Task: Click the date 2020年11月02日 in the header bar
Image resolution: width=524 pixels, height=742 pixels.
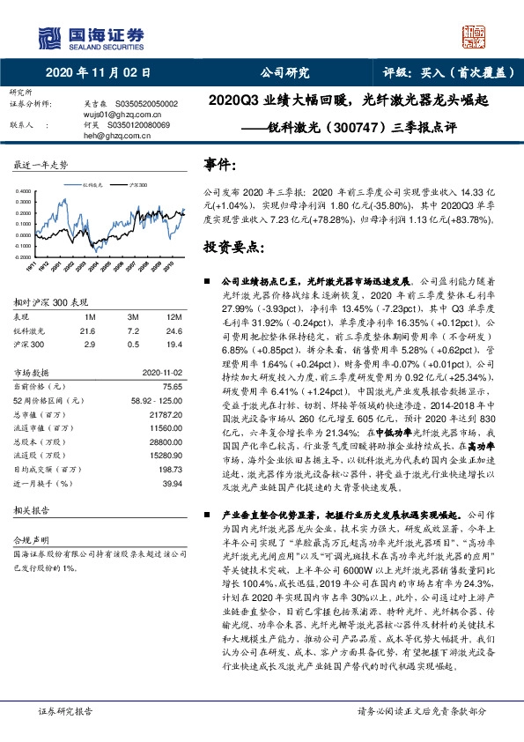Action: tap(97, 74)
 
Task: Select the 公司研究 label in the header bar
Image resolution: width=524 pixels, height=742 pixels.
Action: tap(284, 74)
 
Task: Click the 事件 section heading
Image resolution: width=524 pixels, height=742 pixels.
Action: tap(220, 165)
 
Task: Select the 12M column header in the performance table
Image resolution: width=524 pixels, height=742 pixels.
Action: tap(173, 315)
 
